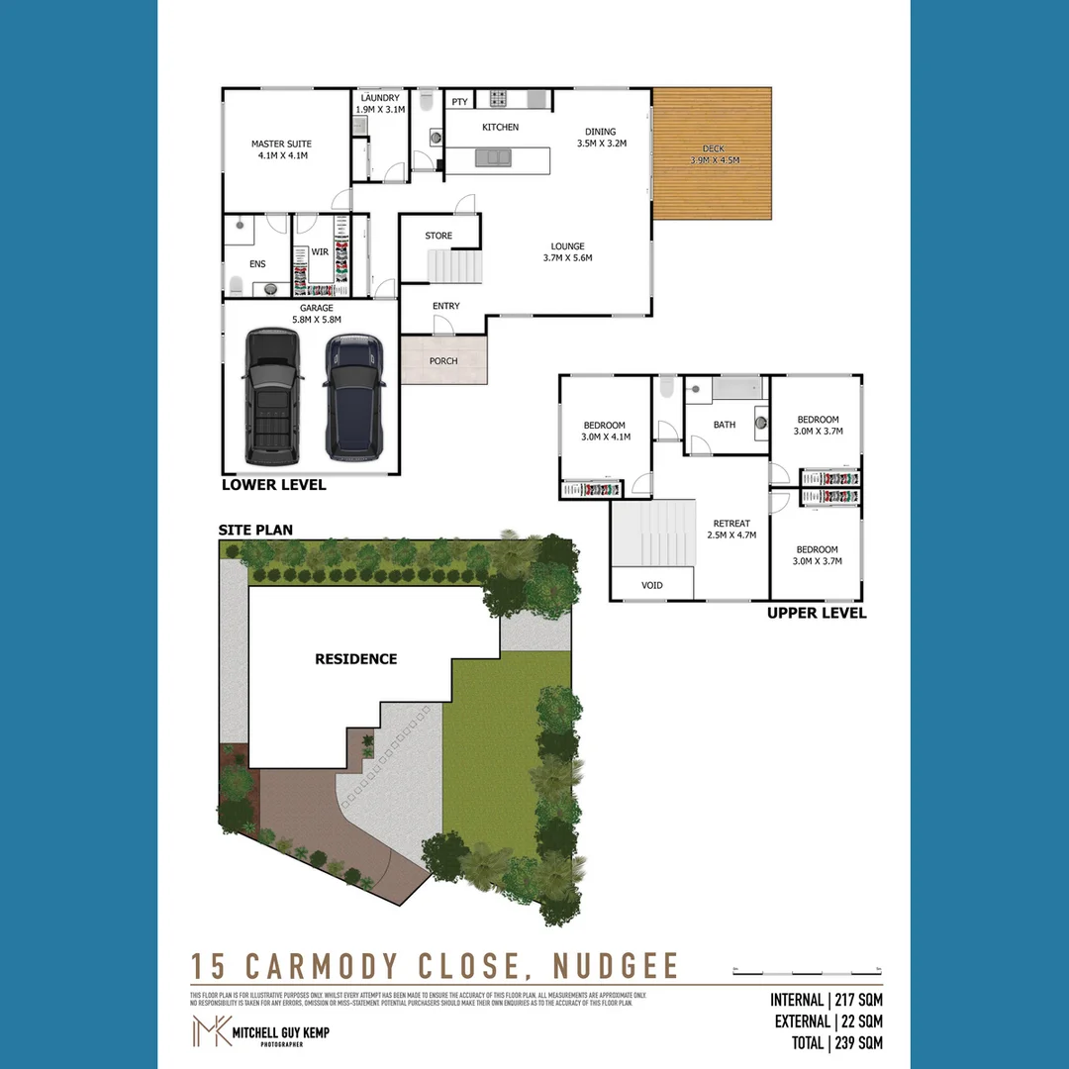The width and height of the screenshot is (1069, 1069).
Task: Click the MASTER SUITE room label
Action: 281,144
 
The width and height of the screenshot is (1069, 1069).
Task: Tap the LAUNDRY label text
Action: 380,98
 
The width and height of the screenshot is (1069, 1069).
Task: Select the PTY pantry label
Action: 459,102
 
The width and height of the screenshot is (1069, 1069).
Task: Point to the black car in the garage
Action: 272,396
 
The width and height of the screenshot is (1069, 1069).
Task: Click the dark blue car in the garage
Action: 354,396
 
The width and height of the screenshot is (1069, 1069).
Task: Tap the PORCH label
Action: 443,361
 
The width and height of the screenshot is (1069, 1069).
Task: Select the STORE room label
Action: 438,236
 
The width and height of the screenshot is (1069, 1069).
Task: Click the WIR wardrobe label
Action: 320,252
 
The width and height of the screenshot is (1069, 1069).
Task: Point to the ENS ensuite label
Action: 257,264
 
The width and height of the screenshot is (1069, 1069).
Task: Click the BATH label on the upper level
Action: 725,425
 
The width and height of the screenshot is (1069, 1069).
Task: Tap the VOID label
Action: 652,585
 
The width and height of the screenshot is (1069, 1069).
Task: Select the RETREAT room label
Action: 732,524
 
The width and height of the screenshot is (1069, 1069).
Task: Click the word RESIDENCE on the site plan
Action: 355,659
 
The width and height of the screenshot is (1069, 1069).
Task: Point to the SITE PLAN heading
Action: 255,530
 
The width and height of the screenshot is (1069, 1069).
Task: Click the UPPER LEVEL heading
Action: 817,613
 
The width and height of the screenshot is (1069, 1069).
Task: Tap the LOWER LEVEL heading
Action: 273,485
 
